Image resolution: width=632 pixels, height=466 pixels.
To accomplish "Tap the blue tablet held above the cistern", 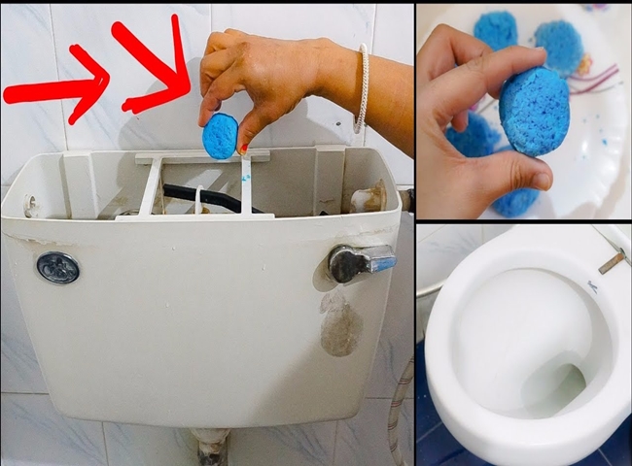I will coord(220,135).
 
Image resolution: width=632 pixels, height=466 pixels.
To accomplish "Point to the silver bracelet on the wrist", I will coord(362,88).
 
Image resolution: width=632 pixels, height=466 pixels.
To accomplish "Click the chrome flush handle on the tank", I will coord(361,261).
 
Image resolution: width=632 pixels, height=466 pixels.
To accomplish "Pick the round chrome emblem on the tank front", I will coord(57,267).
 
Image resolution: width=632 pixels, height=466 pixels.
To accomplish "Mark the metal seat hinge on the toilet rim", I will coord(612,260).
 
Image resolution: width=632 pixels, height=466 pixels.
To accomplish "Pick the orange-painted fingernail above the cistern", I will coord(244,149).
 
